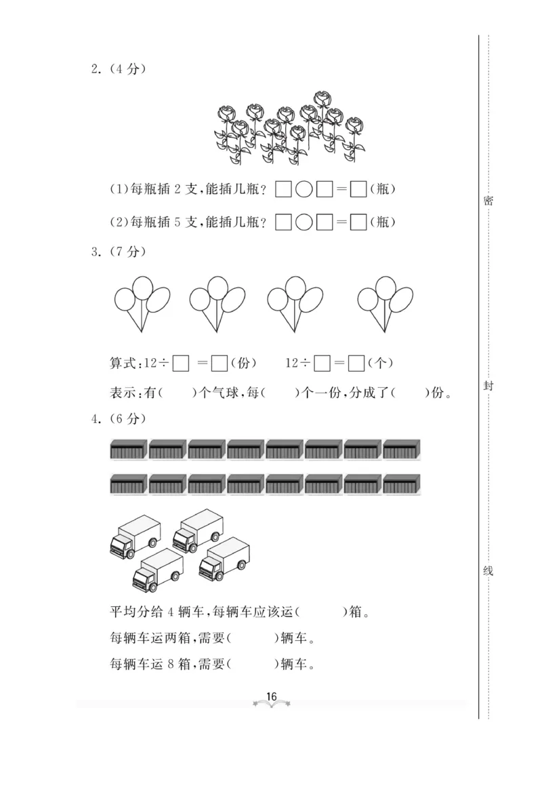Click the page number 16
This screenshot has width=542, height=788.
[x=272, y=696]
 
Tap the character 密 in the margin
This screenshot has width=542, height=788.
[x=488, y=201]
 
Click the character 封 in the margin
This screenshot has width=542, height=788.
[x=488, y=386]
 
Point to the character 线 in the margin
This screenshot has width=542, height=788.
[x=488, y=571]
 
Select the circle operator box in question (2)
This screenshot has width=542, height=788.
[x=304, y=222]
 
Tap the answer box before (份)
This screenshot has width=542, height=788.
[x=219, y=364]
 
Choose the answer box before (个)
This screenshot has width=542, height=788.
[x=357, y=364]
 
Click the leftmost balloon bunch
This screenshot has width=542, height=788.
[x=142, y=301]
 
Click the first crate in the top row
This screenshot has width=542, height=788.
[x=128, y=450]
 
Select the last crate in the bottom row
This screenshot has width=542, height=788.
[x=402, y=484]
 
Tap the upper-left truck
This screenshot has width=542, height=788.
[x=135, y=536]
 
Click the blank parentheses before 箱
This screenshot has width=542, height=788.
[x=321, y=612]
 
